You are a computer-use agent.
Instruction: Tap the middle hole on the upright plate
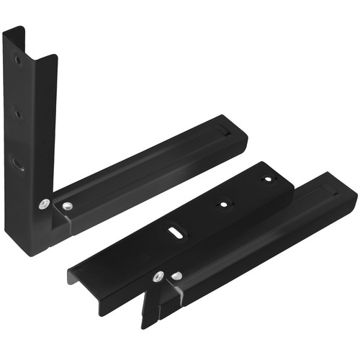click(19, 113)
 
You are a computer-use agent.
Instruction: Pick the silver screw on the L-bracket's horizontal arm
click(67, 207)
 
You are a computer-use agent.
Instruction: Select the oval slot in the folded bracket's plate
click(176, 233)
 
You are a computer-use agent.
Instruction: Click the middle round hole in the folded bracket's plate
click(225, 204)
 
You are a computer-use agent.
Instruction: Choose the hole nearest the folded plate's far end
click(267, 179)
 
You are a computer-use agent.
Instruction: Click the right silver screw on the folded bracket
click(176, 275)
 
